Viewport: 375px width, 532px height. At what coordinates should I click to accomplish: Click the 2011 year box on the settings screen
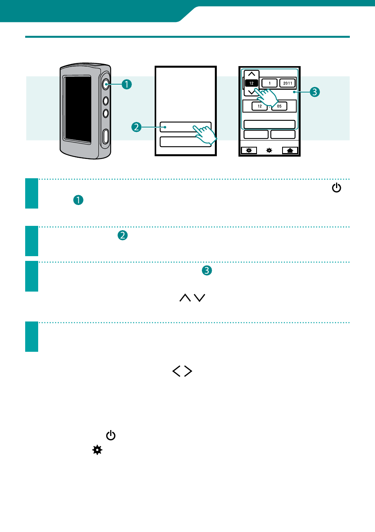(x=287, y=83)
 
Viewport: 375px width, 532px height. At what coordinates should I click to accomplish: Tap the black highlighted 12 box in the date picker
(x=251, y=83)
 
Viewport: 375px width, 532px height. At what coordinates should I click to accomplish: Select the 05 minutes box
(x=279, y=106)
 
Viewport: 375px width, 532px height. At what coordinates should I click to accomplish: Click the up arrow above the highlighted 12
(x=251, y=74)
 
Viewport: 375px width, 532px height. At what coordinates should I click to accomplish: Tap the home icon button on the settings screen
(x=290, y=150)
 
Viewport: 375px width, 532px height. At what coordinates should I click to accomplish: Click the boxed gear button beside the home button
(x=249, y=150)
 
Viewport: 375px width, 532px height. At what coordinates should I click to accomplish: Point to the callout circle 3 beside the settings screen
(x=315, y=92)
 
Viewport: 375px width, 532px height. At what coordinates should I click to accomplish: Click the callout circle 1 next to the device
(x=127, y=84)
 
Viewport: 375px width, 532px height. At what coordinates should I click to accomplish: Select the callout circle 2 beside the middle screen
(x=136, y=127)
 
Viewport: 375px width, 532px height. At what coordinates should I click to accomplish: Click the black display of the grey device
(x=78, y=109)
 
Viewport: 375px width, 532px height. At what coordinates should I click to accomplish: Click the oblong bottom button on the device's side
(x=106, y=136)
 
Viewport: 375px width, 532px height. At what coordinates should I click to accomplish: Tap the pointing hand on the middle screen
(x=205, y=135)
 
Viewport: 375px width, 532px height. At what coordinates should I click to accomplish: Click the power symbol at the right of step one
(x=336, y=188)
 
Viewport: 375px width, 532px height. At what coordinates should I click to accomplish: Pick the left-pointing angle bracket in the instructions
(x=176, y=371)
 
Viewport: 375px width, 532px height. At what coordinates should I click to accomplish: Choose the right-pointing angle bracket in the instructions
(x=188, y=371)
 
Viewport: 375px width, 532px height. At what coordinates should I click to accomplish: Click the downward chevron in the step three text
(x=200, y=297)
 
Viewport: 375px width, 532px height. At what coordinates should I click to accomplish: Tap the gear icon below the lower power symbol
(x=97, y=450)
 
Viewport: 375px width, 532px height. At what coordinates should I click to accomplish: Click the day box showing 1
(x=269, y=83)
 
